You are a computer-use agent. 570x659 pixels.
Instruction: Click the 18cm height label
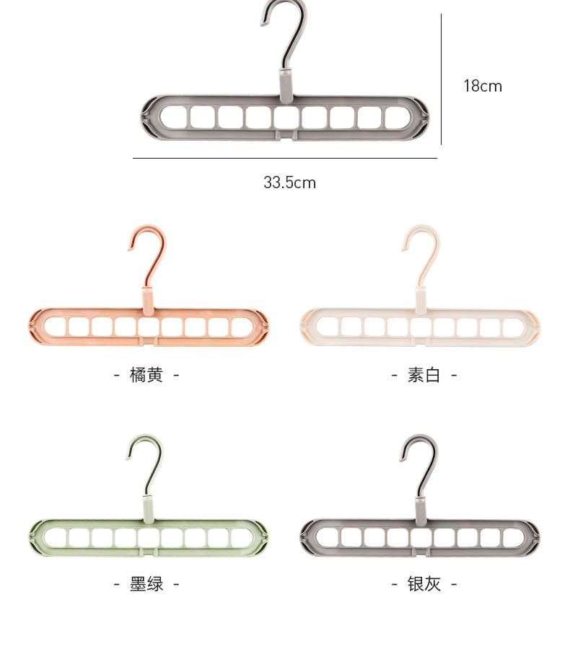pyautogui.click(x=482, y=87)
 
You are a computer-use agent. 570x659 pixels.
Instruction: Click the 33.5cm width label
pyautogui.click(x=289, y=182)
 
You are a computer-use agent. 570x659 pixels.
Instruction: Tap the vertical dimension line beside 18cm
pyautogui.click(x=441, y=79)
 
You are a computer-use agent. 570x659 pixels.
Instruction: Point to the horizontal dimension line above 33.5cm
pyautogui.click(x=284, y=158)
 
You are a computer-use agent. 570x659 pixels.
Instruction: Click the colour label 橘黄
pyautogui.click(x=146, y=375)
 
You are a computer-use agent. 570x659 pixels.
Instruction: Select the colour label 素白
pyautogui.click(x=424, y=375)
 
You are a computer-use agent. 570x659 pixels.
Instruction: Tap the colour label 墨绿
pyautogui.click(x=146, y=584)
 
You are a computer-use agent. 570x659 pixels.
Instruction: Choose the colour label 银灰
pyautogui.click(x=424, y=584)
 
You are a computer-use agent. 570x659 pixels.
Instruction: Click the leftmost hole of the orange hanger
pyautogui.click(x=56, y=327)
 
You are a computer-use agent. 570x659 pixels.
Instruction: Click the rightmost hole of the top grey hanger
pyautogui.click(x=397, y=117)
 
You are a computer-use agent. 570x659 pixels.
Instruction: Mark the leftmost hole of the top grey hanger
pyautogui.click(x=172, y=117)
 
